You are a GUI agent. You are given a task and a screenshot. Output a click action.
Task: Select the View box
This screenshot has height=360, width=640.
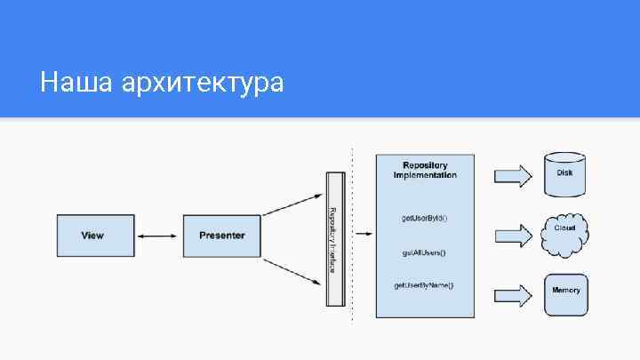coord(92,236)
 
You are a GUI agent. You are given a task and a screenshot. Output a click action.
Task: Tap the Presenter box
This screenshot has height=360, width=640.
coord(221,236)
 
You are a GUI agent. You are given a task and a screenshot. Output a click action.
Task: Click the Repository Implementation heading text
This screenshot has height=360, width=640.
coord(425,170)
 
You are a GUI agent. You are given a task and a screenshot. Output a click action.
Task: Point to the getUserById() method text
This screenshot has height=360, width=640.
coord(425,219)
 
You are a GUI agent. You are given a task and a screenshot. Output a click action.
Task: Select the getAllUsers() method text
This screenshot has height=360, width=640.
coord(425,252)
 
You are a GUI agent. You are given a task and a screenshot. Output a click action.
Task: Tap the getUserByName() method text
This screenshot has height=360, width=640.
coord(425,285)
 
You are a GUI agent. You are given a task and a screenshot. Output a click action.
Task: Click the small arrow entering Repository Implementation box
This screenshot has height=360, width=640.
coord(365,234)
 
